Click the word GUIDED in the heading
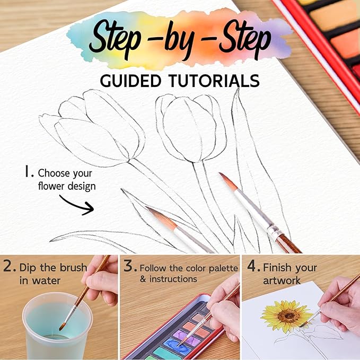point(130,81)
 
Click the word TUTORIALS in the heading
point(214,81)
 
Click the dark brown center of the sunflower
point(288,316)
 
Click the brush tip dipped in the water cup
point(62,327)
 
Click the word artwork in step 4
point(282,280)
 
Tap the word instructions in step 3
point(173,279)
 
